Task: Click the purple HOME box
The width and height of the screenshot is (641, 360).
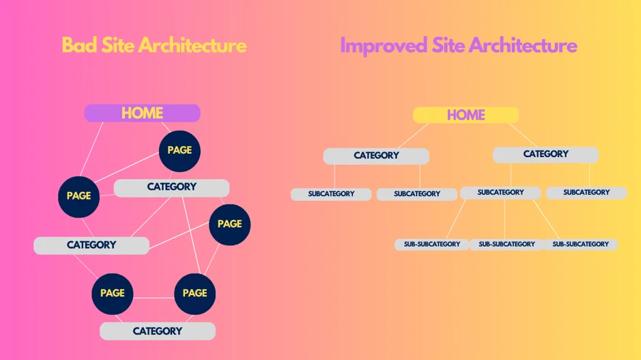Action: click(x=142, y=113)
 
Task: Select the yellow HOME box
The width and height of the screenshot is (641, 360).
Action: click(x=466, y=115)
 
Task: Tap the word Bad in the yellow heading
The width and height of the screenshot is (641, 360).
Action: click(x=79, y=45)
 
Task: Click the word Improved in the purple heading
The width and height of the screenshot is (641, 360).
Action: click(x=384, y=46)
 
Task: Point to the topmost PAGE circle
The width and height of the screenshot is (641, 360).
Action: click(x=180, y=151)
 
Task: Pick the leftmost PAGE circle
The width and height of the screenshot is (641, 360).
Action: click(x=79, y=197)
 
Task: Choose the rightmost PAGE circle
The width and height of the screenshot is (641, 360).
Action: click(x=229, y=225)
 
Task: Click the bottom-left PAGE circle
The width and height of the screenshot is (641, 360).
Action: click(x=113, y=294)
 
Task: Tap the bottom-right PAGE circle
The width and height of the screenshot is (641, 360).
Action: click(x=195, y=294)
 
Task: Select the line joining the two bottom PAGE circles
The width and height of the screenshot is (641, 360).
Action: click(x=154, y=298)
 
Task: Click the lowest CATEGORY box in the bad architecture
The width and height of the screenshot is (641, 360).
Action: click(x=158, y=331)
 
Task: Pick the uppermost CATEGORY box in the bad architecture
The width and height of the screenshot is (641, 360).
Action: click(x=171, y=188)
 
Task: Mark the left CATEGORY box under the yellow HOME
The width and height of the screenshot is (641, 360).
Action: click(x=376, y=156)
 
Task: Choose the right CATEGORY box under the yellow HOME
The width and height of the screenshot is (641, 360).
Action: click(x=545, y=154)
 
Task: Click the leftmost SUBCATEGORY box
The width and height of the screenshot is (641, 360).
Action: click(x=331, y=194)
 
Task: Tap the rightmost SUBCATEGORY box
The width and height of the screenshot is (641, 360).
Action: click(x=586, y=193)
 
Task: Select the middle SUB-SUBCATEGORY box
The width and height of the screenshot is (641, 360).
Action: click(x=507, y=245)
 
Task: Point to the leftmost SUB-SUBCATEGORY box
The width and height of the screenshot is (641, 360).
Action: click(x=431, y=245)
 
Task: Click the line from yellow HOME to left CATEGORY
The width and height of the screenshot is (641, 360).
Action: click(x=413, y=136)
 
